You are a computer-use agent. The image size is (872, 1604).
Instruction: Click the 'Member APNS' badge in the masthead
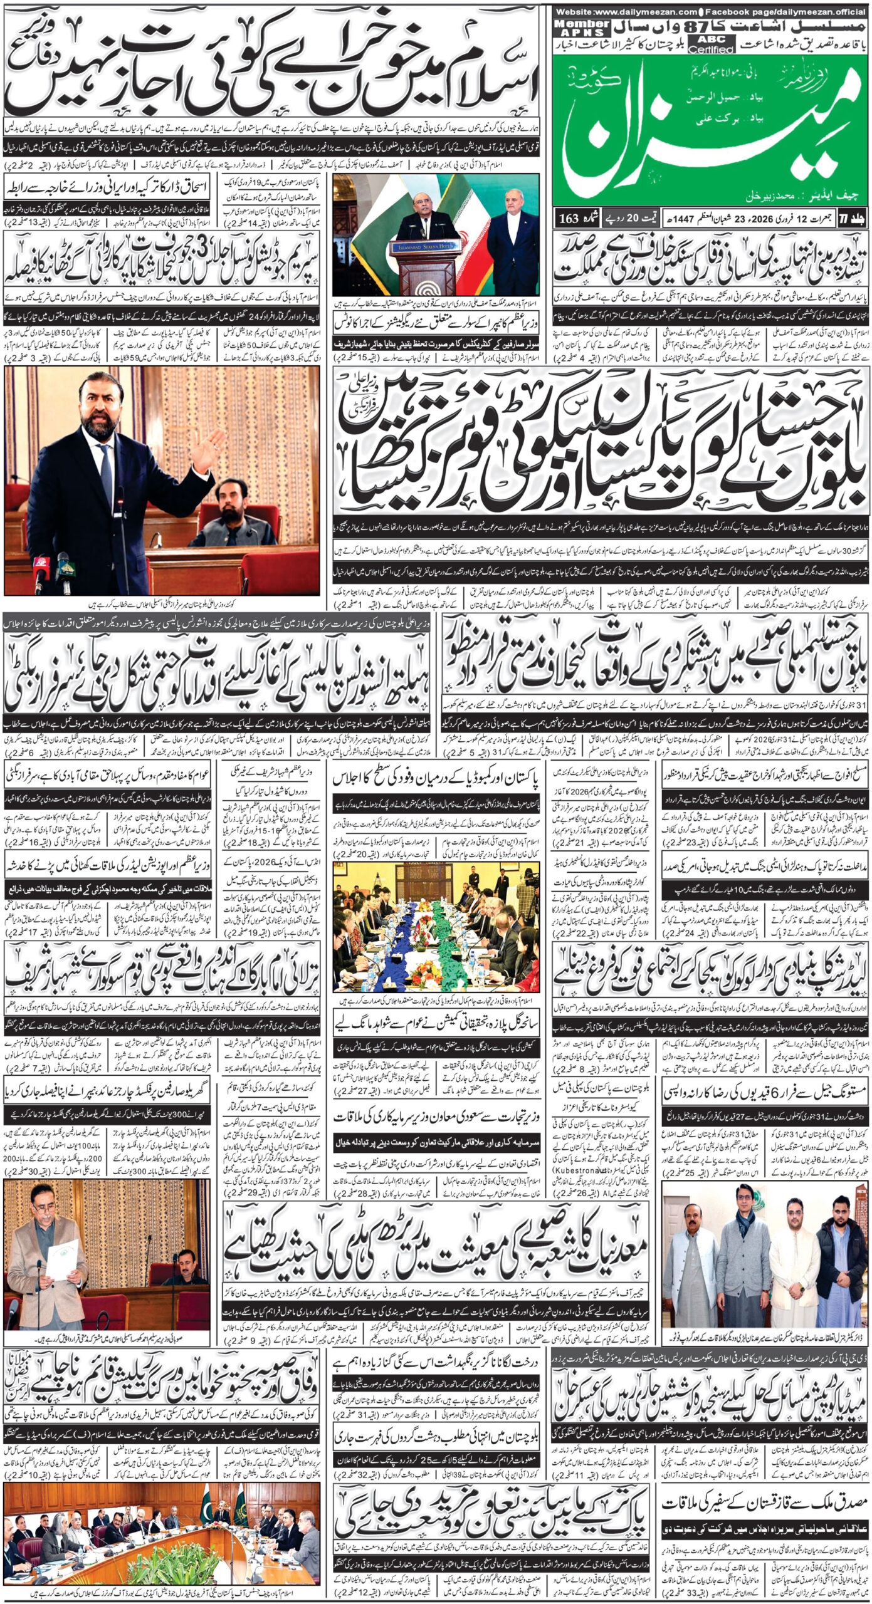coord(573,28)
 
